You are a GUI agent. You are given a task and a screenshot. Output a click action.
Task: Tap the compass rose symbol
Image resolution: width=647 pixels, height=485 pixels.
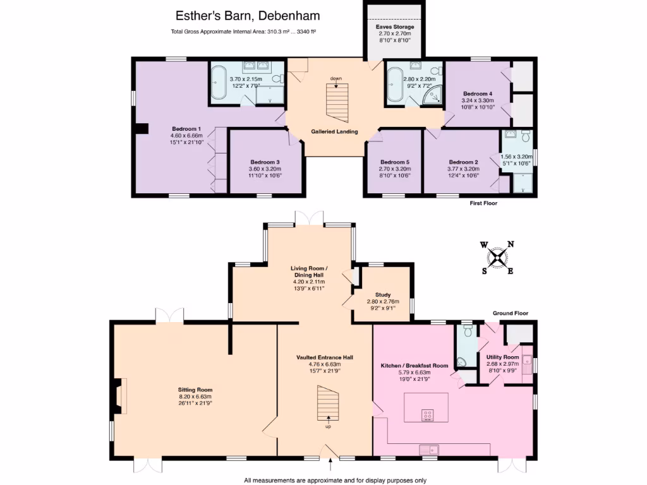tap(499, 258)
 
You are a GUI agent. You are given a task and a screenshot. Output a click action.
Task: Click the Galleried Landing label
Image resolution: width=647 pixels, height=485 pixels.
tap(334, 132)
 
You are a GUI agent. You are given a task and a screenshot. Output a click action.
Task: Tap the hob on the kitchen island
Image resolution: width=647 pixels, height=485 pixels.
tap(428, 415)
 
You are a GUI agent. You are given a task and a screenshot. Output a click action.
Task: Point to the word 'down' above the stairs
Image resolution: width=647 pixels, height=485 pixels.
tap(336, 78)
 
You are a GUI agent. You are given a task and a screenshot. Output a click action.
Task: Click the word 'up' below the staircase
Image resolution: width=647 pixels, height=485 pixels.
tap(328, 426)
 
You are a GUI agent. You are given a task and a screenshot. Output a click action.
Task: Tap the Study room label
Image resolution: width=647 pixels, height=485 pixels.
tap(382, 294)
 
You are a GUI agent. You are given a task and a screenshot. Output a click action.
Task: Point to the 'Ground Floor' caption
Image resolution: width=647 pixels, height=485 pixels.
tap(511, 313)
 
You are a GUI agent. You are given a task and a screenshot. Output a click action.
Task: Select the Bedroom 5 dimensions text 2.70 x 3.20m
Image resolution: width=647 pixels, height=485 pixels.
tap(395, 169)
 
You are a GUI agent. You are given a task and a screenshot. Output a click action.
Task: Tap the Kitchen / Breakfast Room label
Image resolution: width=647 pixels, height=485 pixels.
tap(414, 366)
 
